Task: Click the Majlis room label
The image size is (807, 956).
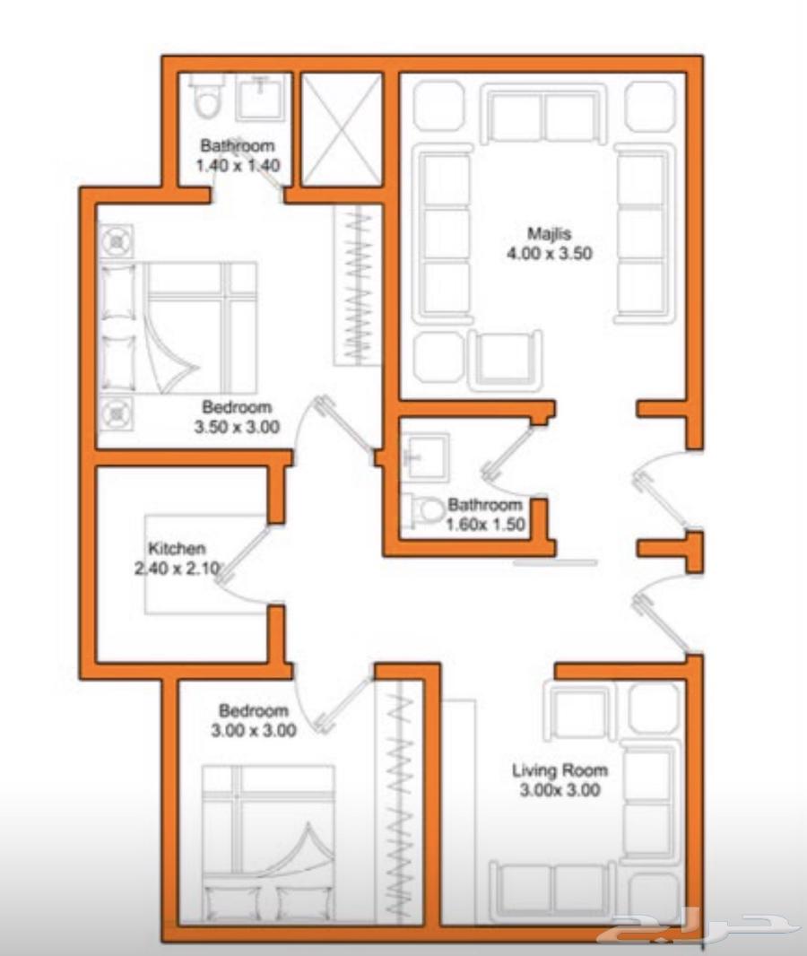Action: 549,233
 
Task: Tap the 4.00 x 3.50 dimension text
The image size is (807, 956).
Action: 549,254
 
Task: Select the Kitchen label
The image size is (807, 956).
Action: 177,548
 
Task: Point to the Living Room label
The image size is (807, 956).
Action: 560,770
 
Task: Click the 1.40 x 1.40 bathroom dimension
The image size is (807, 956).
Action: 238,165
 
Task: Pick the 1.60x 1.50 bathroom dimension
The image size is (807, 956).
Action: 485,525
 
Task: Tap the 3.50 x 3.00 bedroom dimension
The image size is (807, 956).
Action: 237,427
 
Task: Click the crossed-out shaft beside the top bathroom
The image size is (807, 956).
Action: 343,129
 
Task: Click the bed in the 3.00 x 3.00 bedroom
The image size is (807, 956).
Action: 268,844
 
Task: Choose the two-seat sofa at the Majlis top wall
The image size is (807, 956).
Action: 543,115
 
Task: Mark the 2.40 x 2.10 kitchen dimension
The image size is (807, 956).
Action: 177,569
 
